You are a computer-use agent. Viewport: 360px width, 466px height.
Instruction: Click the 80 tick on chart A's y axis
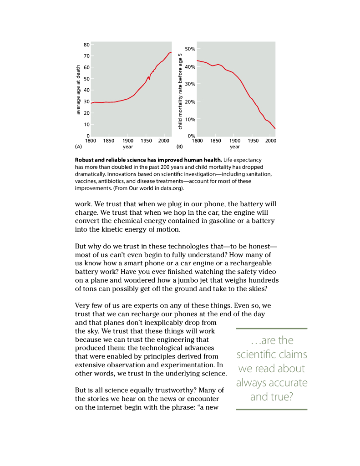(x=86, y=45)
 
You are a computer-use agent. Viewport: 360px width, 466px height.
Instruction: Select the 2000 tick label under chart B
(x=270, y=141)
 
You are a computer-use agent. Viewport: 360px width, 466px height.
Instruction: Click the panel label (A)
(x=78, y=147)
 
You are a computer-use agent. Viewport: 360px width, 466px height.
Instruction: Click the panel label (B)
(x=179, y=147)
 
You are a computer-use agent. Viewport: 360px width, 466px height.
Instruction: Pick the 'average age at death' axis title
(x=78, y=90)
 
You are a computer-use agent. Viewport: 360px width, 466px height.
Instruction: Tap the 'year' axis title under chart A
(x=128, y=147)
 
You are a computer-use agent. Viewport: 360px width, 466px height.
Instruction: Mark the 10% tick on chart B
(x=190, y=119)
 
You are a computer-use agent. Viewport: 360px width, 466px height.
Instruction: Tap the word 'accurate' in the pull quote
(x=289, y=383)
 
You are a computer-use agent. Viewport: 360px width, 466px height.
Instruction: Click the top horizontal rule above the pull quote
(x=271, y=329)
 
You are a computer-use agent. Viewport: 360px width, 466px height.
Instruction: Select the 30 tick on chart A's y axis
(x=86, y=102)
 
